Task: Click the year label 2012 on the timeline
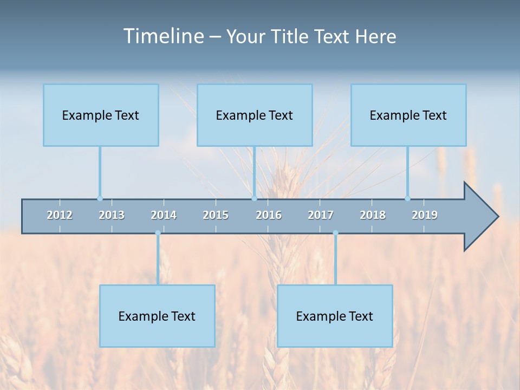pos(60,215)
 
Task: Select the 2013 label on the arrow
pos(112,215)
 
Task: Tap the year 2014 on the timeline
pos(164,215)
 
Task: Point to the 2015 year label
pos(216,215)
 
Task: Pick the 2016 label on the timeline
pos(269,215)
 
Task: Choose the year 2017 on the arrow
pos(321,215)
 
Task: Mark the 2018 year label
pos(373,215)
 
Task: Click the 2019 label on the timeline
pos(425,215)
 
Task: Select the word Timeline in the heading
pos(162,36)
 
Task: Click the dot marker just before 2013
pos(100,198)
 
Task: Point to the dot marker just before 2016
pos(254,198)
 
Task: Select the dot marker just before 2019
pos(408,198)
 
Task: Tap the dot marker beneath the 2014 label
pos(158,233)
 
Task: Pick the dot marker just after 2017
pos(335,233)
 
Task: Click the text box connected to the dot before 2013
pos(101,115)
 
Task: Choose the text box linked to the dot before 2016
pos(255,115)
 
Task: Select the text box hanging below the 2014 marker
pos(157,316)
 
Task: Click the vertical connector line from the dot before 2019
pos(408,172)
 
